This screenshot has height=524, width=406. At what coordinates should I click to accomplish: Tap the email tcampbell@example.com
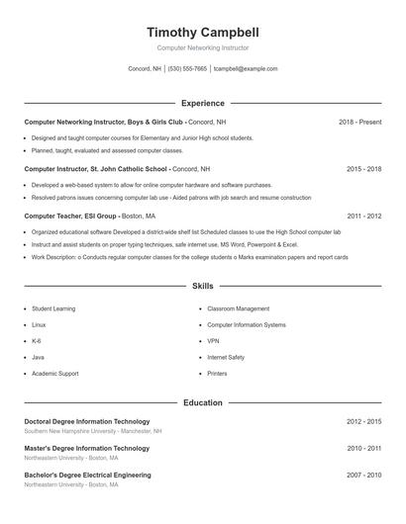[x=246, y=69]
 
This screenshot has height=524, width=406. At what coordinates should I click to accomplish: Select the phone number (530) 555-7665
[x=187, y=69]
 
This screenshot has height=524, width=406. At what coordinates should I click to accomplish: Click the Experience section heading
[x=203, y=103]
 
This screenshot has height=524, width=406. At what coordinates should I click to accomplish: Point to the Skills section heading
[x=203, y=286]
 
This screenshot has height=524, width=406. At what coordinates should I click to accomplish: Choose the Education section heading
[x=203, y=402]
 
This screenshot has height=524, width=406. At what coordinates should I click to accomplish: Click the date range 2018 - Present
[x=359, y=122]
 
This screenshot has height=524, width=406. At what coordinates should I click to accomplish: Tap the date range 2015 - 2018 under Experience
[x=363, y=169]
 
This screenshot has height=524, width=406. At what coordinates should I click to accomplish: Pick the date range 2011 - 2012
[x=363, y=216]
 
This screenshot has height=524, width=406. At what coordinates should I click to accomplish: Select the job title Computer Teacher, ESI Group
[x=70, y=216]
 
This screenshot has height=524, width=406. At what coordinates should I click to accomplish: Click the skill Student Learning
[x=53, y=308]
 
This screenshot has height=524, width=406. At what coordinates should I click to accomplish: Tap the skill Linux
[x=39, y=324]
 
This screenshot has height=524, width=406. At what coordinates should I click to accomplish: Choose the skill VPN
[x=213, y=341]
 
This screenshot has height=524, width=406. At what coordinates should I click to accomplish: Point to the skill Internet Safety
[x=226, y=357]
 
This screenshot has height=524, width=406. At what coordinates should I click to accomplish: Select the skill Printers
[x=217, y=374]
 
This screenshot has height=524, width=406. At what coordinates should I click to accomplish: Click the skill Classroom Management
[x=238, y=308]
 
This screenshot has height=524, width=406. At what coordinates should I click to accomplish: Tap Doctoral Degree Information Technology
[x=87, y=422]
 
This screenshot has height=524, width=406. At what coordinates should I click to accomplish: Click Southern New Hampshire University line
[x=93, y=432]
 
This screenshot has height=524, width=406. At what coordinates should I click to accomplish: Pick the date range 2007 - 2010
[x=363, y=476]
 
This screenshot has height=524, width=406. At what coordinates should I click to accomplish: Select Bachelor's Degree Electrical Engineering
[x=87, y=476]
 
